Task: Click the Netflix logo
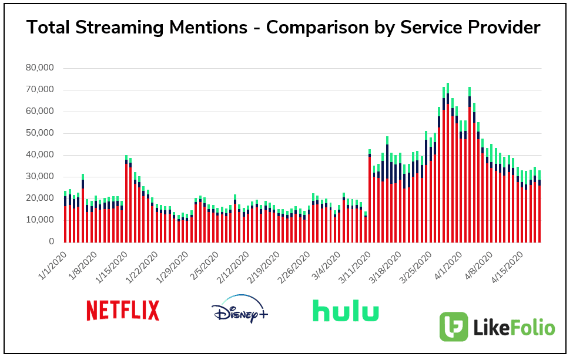123,310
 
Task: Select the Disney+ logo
239,309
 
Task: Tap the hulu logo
346,310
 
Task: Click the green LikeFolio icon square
454,327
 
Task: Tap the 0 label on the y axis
51,242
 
